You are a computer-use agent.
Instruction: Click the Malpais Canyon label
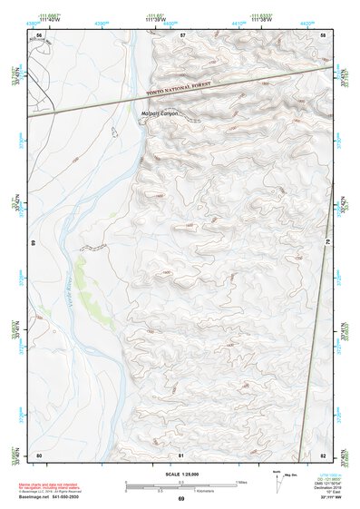tap(161, 113)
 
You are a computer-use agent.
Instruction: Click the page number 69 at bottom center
tap(180, 498)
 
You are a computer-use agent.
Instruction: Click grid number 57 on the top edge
tap(182, 34)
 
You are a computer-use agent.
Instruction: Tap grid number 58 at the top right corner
tap(324, 34)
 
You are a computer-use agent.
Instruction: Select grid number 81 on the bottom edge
tap(182, 455)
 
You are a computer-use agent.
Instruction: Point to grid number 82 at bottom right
tap(324, 455)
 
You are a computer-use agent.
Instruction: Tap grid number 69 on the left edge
tap(33, 244)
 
